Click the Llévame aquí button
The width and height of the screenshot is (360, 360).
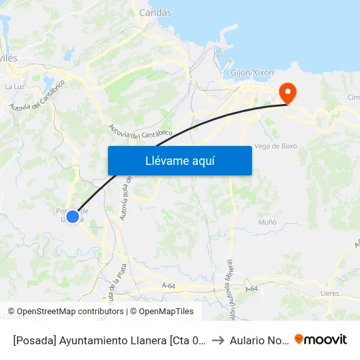[x=179, y=160]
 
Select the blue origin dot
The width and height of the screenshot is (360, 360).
[x=73, y=216]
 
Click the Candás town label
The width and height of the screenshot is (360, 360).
[x=155, y=12]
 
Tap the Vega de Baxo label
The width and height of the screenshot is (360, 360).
[x=276, y=146]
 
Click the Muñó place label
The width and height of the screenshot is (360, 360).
[x=267, y=222]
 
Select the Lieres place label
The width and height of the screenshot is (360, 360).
[x=330, y=293]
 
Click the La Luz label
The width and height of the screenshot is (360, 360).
[x=14, y=86]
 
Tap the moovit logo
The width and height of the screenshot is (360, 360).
[x=321, y=339]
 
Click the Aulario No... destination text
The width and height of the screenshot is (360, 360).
[x=258, y=340]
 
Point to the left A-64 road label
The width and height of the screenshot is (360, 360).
[x=168, y=285]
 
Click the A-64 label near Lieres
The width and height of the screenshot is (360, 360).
[x=252, y=289]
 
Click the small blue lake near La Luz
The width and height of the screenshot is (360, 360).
[x=48, y=82]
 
